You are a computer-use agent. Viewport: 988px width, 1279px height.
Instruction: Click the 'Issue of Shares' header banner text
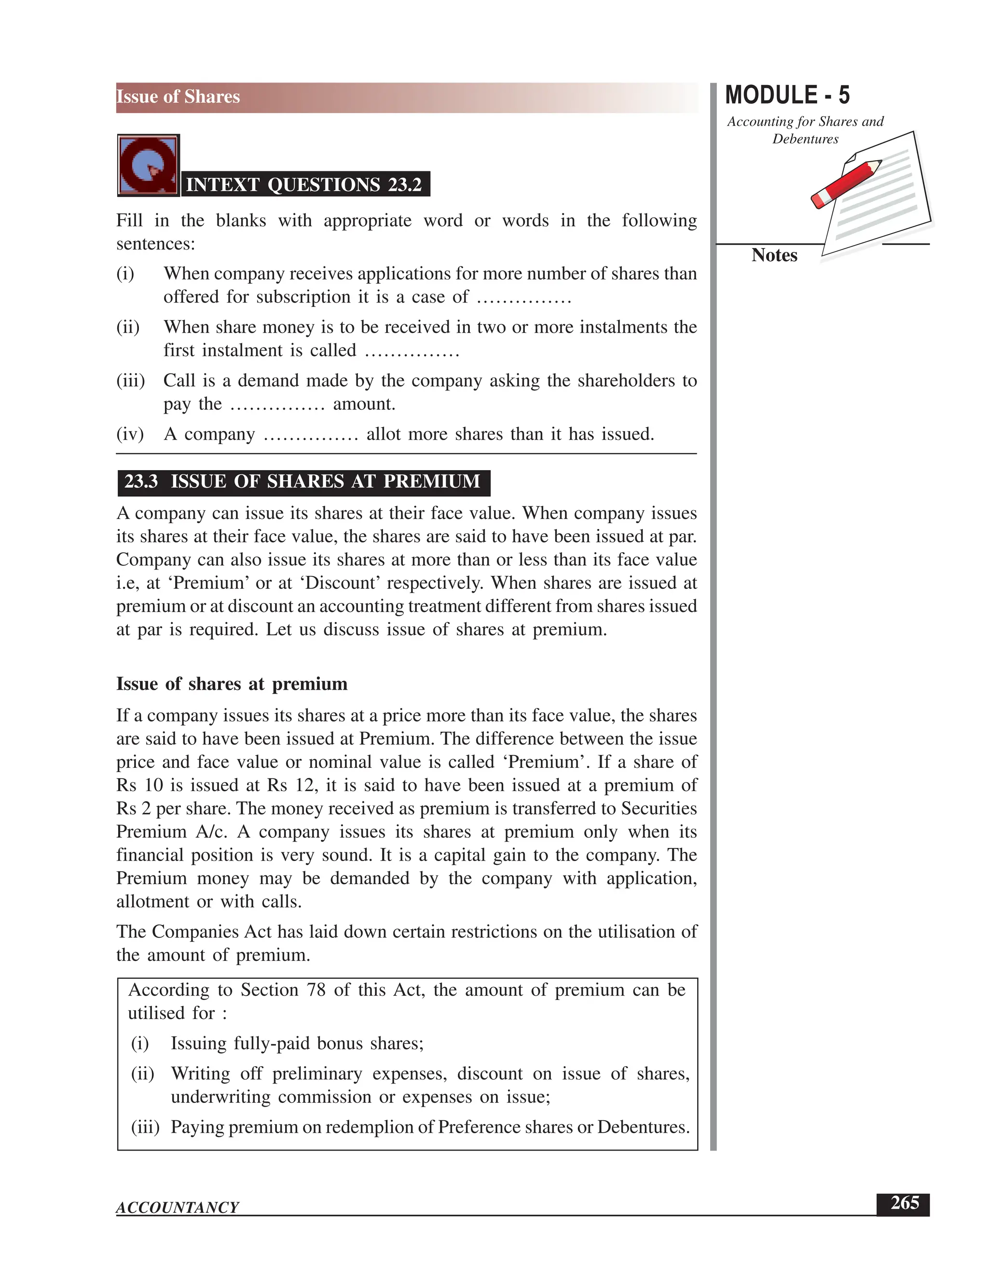[178, 97]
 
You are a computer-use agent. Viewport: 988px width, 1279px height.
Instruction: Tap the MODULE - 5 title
[787, 96]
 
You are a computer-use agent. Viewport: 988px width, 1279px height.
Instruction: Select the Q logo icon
[148, 166]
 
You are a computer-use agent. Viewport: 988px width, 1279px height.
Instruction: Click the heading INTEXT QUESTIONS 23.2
[304, 184]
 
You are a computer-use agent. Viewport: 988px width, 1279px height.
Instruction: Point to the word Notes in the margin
[774, 255]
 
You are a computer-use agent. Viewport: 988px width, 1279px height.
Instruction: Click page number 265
[905, 1203]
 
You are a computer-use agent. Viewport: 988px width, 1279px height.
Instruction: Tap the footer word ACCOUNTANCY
[178, 1207]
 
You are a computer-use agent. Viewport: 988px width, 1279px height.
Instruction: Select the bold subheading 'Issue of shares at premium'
[232, 683]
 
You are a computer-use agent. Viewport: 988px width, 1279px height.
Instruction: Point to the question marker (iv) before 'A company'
[130, 434]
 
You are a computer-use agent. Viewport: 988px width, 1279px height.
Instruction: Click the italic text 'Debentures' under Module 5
[805, 139]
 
